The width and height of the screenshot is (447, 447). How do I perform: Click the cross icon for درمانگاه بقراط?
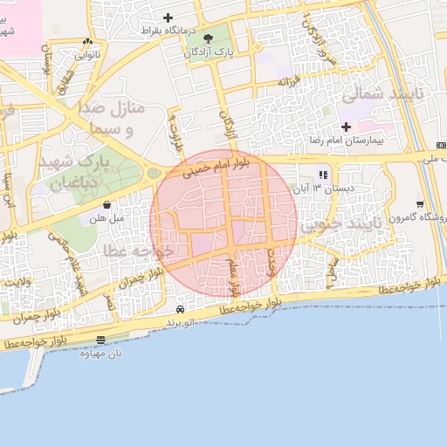[168, 17]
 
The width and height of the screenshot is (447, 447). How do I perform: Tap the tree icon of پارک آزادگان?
[208, 38]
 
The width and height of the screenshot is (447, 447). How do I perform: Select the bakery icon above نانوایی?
[86, 41]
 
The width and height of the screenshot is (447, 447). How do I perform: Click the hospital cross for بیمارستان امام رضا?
[347, 127]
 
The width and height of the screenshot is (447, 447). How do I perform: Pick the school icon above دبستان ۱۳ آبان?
[323, 174]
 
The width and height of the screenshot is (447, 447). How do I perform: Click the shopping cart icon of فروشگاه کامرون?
[420, 203]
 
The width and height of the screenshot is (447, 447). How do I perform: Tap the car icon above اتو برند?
[180, 309]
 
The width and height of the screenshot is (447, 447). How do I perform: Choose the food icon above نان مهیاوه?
[100, 340]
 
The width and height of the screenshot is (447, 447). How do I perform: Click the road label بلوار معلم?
[233, 274]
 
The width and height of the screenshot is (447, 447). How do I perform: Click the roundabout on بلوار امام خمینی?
[155, 173]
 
